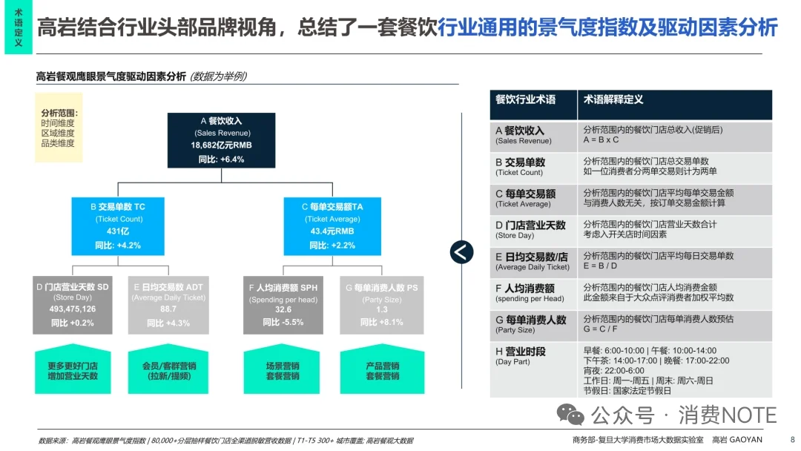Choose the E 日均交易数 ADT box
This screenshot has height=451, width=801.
168,304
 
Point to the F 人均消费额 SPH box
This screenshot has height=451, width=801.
283,304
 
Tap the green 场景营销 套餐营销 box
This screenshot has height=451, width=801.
283,370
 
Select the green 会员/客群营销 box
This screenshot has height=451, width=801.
168,370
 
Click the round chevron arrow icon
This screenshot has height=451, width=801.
461,252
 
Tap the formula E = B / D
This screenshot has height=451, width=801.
600,266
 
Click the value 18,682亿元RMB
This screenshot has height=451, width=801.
221,145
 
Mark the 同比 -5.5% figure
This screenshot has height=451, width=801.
283,323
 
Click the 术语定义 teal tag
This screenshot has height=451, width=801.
19,27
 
